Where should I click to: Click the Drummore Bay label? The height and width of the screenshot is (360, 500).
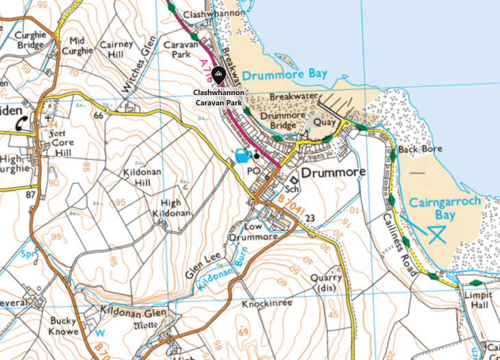(285, 74)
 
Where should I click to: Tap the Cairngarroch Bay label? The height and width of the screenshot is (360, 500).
(441, 209)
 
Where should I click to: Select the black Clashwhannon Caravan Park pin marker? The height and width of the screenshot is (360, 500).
(218, 74)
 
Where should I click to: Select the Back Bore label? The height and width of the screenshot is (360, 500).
(420, 149)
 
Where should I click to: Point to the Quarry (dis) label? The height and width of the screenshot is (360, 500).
(325, 283)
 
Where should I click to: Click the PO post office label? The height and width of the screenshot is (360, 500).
(253, 170)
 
